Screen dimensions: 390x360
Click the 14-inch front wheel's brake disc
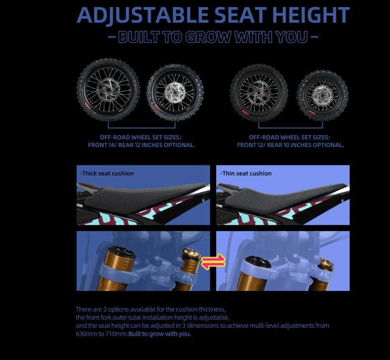109,89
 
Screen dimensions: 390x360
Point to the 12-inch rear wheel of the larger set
175,92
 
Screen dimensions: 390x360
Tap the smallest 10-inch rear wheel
323,96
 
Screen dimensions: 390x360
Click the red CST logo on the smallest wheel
313,112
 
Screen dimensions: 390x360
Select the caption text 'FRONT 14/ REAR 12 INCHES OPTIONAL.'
141,145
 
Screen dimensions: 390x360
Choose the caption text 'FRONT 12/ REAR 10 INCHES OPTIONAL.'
290,145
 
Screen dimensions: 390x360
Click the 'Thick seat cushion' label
107,174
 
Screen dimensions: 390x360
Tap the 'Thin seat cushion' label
246,174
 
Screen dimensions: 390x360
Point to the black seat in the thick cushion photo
142,195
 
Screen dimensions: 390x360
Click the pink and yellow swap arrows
213,261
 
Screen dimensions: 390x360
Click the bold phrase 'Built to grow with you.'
160,334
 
